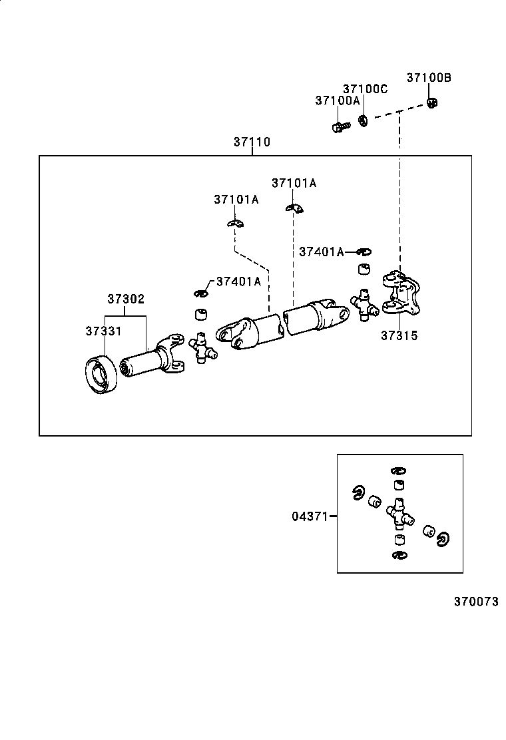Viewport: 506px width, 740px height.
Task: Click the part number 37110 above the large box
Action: coord(252,142)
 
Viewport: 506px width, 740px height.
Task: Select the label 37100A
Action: coord(337,100)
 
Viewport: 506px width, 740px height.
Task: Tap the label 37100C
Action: coord(365,89)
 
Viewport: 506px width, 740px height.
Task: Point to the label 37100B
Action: coord(429,78)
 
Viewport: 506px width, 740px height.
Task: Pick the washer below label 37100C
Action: coord(364,121)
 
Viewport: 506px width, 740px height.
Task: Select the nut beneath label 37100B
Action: coord(431,103)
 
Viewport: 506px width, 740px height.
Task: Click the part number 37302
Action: coord(126,299)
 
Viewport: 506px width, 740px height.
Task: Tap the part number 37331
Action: coord(103,331)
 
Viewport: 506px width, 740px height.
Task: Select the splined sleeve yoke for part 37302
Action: coord(150,362)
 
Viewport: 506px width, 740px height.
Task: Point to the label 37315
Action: coord(399,335)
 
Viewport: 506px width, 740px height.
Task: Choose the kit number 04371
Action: coord(309,516)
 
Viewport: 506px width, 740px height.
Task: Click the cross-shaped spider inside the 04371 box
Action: coord(399,512)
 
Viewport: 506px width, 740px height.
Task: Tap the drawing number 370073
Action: coord(476,602)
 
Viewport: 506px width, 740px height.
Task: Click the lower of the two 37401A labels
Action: coord(238,281)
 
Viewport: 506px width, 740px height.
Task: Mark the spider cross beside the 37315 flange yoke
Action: coord(364,304)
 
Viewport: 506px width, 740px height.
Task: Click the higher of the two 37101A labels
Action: coord(294,183)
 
